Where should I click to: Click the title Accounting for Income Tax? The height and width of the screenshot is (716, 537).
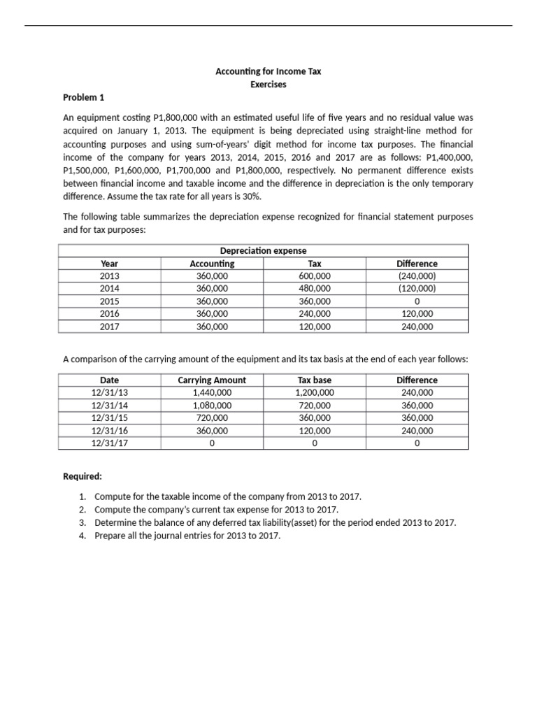pyautogui.click(x=268, y=71)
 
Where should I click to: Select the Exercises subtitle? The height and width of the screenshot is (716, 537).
pyautogui.click(x=268, y=85)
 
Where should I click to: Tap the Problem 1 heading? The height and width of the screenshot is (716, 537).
pyautogui.click(x=83, y=97)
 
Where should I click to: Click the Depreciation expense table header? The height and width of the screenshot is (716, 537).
pyautogui.click(x=263, y=251)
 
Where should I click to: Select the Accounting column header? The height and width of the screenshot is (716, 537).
pyautogui.click(x=212, y=264)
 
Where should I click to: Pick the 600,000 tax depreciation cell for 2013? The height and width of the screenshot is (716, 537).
pyautogui.click(x=314, y=276)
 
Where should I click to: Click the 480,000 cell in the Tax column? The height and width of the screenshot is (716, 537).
pyautogui.click(x=314, y=288)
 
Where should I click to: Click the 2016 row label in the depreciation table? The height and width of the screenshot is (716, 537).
pyautogui.click(x=109, y=314)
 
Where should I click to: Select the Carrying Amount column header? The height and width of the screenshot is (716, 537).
pyautogui.click(x=212, y=380)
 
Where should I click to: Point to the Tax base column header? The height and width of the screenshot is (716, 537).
pyautogui.click(x=314, y=380)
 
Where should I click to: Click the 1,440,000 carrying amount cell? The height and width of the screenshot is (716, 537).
pyautogui.click(x=212, y=393)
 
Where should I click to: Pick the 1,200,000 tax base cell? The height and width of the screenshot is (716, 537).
pyautogui.click(x=314, y=393)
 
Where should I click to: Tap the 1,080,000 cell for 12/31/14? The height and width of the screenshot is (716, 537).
pyautogui.click(x=212, y=406)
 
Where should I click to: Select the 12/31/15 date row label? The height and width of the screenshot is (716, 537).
pyautogui.click(x=109, y=418)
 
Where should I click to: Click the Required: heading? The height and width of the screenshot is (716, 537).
pyautogui.click(x=83, y=476)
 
